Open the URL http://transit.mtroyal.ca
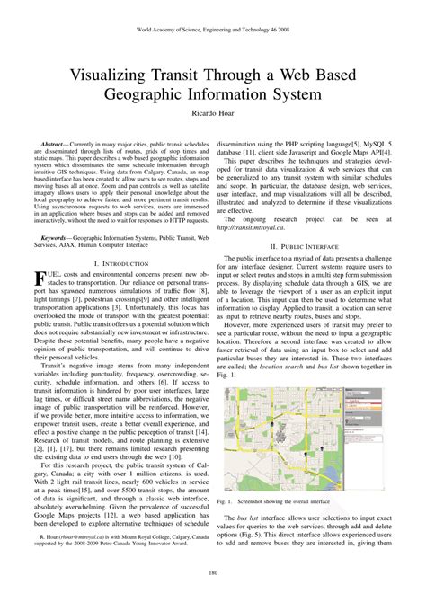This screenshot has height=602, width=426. point(254,228)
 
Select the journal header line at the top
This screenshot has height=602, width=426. point(213,29)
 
